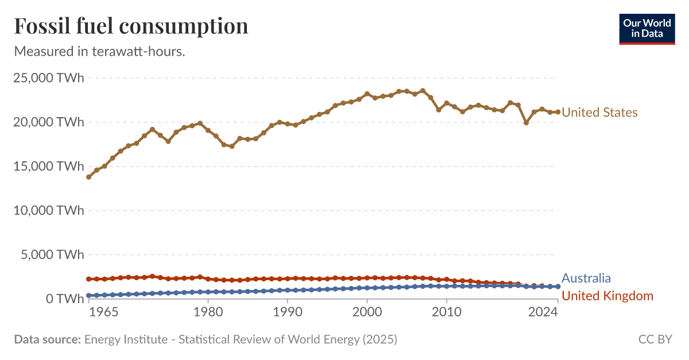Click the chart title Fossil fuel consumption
click(x=131, y=26)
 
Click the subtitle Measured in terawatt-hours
click(x=99, y=51)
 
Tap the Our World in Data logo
click(x=647, y=28)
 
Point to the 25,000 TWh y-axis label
click(x=48, y=78)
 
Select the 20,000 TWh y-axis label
click(x=48, y=122)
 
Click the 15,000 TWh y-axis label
click(x=48, y=167)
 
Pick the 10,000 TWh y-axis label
click(x=48, y=211)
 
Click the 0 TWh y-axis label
click(x=63, y=299)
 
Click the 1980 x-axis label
click(x=208, y=312)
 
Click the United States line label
click(x=599, y=113)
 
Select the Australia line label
click(x=586, y=278)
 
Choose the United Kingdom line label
click(x=607, y=296)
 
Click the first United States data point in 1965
click(x=88, y=177)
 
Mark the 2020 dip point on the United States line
click(x=526, y=122)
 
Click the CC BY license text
click(x=655, y=339)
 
